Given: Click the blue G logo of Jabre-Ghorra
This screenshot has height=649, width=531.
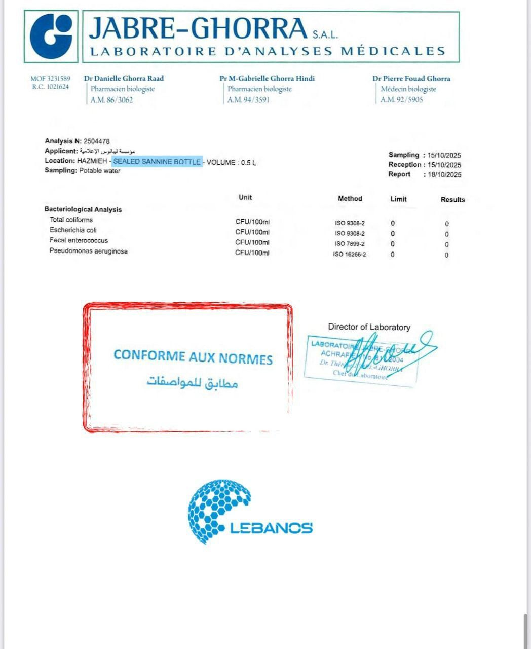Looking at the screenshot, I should (51, 37).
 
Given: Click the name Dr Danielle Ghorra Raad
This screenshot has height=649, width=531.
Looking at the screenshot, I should (124, 78).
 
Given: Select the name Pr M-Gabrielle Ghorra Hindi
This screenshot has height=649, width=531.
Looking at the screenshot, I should (267, 78).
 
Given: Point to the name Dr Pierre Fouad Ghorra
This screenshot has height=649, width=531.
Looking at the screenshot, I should (411, 79).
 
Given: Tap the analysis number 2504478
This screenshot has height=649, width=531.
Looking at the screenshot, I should (97, 141).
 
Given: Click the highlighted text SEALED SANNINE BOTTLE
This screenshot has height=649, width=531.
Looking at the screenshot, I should (157, 162).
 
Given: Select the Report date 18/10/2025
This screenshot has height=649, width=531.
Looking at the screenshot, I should (444, 175).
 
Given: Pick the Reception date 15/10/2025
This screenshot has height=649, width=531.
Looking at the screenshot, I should (444, 165).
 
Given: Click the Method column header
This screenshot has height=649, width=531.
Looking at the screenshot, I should (350, 199).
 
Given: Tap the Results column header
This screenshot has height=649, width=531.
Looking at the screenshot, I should (452, 200).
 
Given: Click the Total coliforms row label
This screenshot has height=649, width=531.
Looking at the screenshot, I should (71, 220).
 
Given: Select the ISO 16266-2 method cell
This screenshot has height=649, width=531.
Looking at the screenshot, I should (350, 254).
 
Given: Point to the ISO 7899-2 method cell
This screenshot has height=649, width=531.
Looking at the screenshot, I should (350, 244).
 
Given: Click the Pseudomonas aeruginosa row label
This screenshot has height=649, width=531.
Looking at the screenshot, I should (88, 251).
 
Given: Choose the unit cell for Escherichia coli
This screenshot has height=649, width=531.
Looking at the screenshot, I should (252, 232).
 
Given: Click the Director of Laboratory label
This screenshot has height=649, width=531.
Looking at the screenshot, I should (369, 327).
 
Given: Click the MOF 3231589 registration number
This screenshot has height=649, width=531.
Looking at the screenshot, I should (51, 79).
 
